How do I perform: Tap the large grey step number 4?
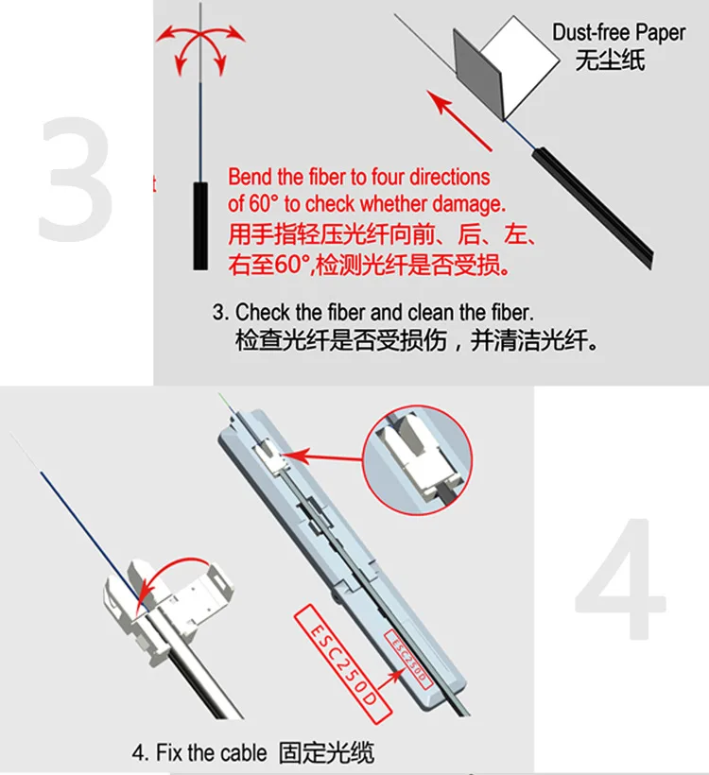620,578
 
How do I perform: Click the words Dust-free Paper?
618,33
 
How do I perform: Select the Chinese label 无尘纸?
610,60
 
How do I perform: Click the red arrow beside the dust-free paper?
459,120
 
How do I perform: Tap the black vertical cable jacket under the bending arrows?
200,225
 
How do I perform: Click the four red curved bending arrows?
200,48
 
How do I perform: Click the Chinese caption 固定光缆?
326,752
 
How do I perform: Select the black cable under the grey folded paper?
593,208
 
